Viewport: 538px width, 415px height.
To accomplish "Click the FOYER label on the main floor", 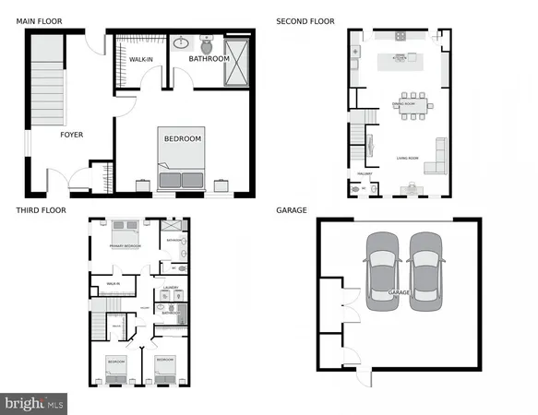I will click(x=71, y=135).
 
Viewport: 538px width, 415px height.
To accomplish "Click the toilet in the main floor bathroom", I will click(x=206, y=45).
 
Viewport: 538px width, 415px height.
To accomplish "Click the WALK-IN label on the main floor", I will click(x=140, y=59).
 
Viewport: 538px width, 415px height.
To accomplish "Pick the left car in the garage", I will click(x=381, y=271).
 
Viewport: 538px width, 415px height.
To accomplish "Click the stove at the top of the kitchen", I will click(x=401, y=37).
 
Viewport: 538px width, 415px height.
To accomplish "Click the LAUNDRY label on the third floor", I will click(x=169, y=288).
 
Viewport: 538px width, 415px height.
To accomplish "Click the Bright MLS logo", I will click(x=35, y=403).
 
